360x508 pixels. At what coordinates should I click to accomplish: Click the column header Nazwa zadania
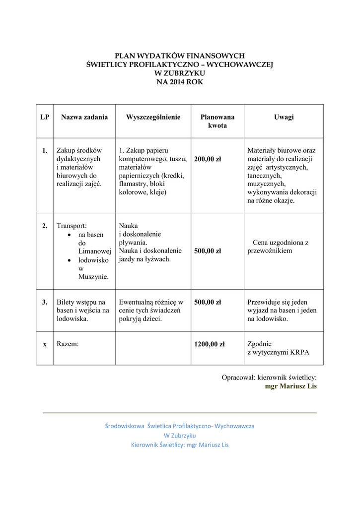[84, 117]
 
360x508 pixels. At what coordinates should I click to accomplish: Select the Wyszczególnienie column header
[153, 117]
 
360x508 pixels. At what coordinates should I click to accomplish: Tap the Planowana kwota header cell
[217, 122]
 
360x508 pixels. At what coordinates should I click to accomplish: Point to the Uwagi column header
[284, 117]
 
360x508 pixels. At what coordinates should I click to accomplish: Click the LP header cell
[45, 117]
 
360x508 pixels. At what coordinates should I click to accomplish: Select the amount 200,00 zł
[208, 159]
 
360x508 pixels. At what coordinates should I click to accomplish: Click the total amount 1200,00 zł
[209, 344]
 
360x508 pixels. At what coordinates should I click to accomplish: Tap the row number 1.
[45, 150]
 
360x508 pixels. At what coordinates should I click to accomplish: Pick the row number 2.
[45, 226]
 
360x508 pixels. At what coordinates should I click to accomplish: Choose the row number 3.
[45, 302]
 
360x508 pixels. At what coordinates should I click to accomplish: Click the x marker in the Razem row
[45, 344]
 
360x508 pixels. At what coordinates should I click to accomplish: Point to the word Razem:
[68, 344]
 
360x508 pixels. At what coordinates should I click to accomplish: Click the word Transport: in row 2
[72, 226]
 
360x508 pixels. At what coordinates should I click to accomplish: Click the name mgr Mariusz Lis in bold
[290, 386]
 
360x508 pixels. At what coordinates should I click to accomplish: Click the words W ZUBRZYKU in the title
[180, 73]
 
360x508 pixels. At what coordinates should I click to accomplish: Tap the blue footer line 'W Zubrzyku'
[180, 435]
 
